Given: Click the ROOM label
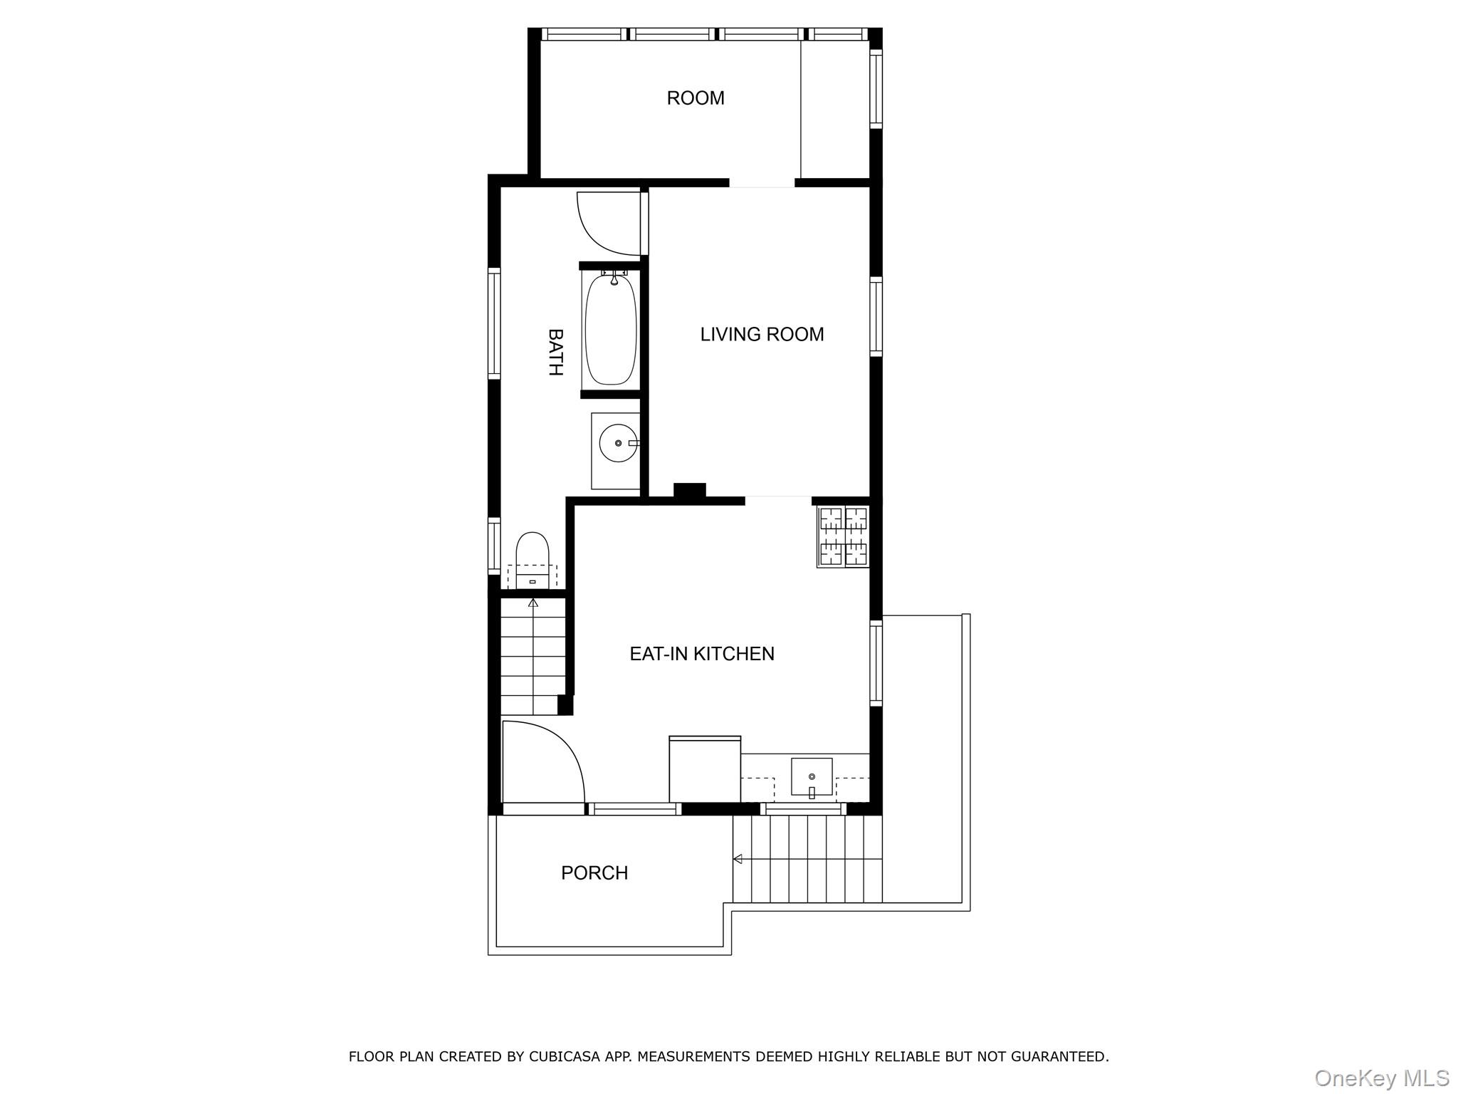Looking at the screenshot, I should tap(695, 98).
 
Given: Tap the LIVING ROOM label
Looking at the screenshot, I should tap(762, 335).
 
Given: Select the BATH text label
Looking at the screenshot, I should tap(555, 352).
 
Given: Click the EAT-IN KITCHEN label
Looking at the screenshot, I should tap(701, 654).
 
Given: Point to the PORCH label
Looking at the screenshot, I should tap(594, 873).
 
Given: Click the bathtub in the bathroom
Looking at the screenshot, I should tap(611, 330).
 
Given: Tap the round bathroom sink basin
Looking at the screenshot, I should tap(617, 443).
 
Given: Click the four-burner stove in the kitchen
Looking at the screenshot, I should tap(844, 536).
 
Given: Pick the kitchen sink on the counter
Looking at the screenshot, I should tap(812, 776).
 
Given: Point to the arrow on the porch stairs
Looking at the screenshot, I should tap(738, 859).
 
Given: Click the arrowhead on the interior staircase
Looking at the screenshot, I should tap(533, 603).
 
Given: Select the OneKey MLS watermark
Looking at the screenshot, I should tap(1381, 1078).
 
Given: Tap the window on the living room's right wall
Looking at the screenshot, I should tap(876, 317).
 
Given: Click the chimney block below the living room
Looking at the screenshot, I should tap(689, 491).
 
